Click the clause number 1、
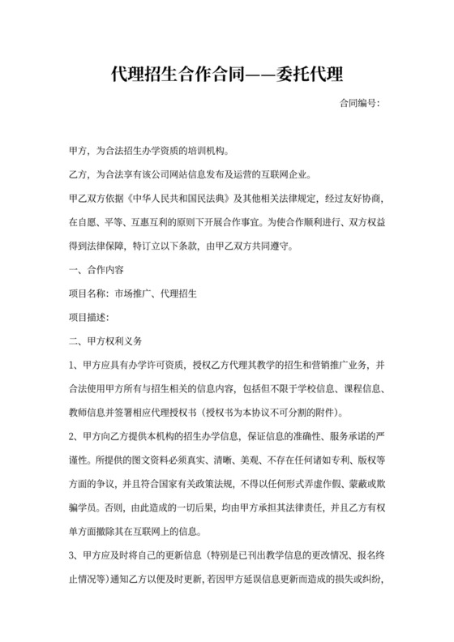point(75,364)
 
